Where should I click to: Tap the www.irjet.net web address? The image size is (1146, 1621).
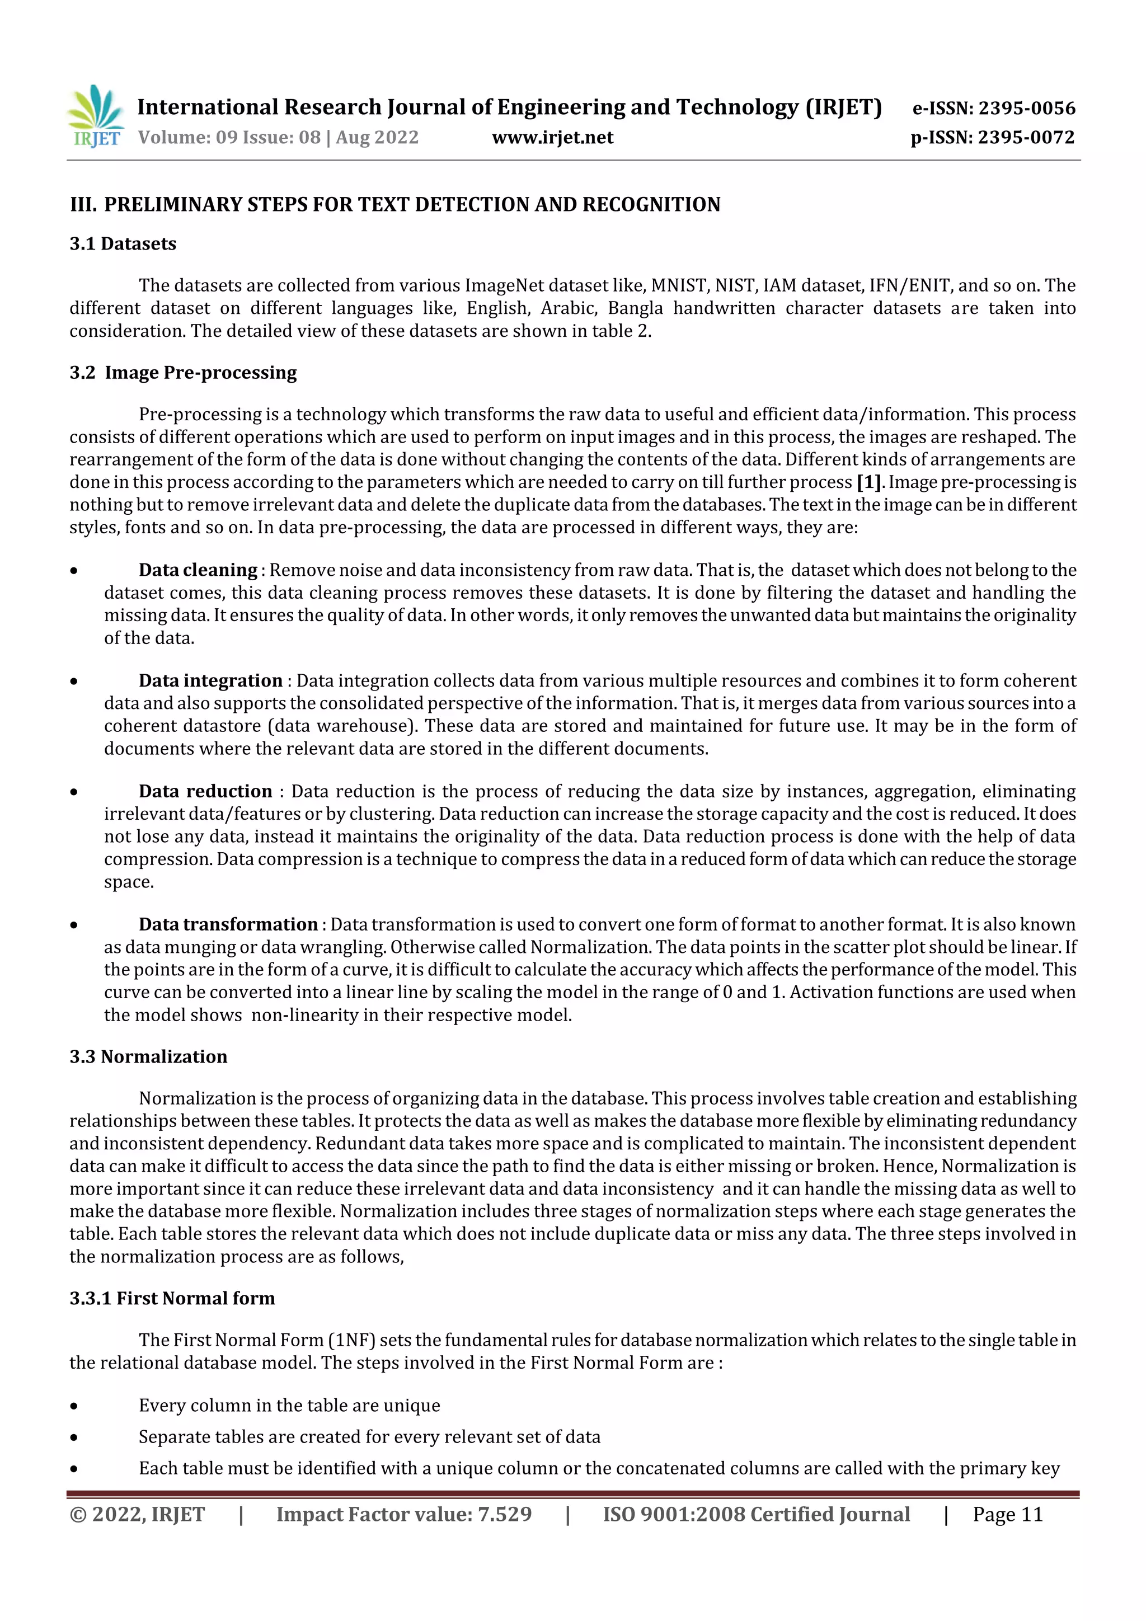pos(552,137)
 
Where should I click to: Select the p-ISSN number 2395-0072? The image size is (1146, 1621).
pos(1026,137)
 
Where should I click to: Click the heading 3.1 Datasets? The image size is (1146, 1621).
pos(123,243)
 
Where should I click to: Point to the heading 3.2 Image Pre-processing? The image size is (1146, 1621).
pos(183,372)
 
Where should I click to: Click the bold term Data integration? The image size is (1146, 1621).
pos(210,680)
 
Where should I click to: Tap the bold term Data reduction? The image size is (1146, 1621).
pos(205,791)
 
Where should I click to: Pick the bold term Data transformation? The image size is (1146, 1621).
pos(228,924)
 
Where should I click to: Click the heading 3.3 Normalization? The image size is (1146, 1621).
pos(148,1056)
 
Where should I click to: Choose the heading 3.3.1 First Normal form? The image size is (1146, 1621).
pos(172,1298)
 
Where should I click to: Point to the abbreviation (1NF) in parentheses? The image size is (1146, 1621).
pos(351,1340)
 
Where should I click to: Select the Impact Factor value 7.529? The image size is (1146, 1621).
pos(504,1514)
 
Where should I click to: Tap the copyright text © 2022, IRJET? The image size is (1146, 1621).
pos(137,1514)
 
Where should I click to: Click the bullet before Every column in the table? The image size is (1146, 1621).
pos(74,1406)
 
